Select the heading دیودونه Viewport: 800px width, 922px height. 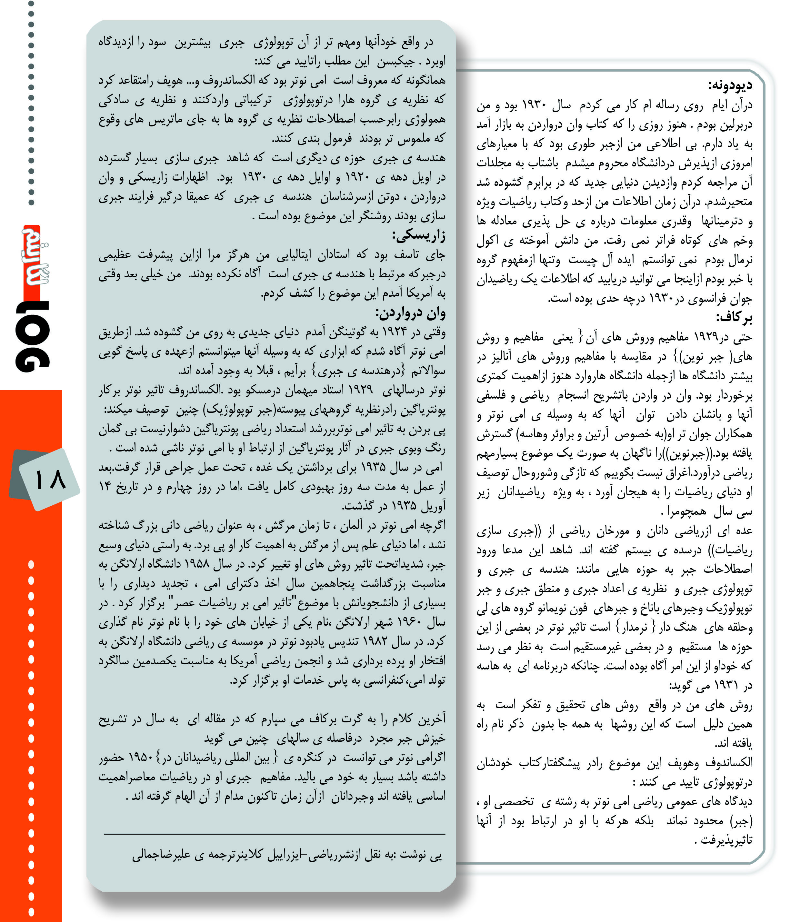click(x=730, y=85)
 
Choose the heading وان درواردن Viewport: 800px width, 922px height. click(x=410, y=313)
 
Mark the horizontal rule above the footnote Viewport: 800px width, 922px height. click(x=274, y=834)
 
